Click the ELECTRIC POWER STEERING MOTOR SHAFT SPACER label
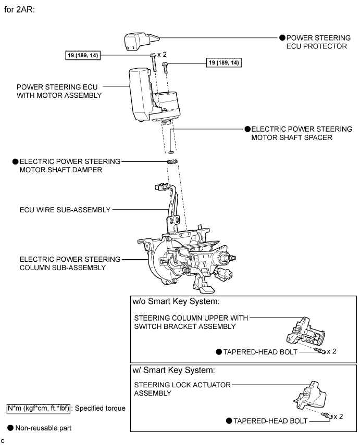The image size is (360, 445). click(x=301, y=133)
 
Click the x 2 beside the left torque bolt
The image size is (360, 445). click(x=162, y=55)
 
